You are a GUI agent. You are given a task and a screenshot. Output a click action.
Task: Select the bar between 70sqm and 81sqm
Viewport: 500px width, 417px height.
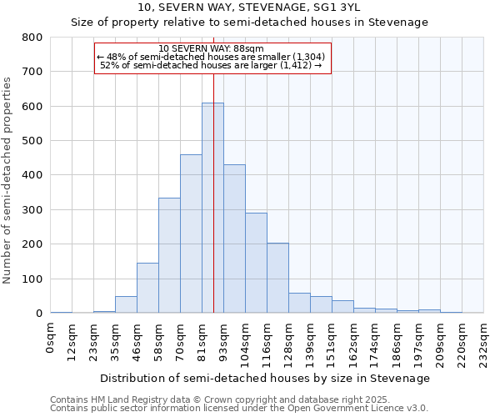[191, 234]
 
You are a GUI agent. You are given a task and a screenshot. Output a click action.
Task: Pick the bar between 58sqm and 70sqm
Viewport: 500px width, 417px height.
[169, 255]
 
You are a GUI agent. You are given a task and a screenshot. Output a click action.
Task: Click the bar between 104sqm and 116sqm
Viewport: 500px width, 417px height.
[256, 263]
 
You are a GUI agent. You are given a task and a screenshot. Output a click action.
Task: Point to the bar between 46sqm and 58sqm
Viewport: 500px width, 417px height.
[147, 288]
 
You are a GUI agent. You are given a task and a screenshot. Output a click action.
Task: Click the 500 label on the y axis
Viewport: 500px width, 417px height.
[32, 141]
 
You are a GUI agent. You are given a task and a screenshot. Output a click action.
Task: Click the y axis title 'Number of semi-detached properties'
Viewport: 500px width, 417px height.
[9, 179]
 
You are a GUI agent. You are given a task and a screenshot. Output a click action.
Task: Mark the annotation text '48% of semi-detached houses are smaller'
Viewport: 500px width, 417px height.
[212, 56]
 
